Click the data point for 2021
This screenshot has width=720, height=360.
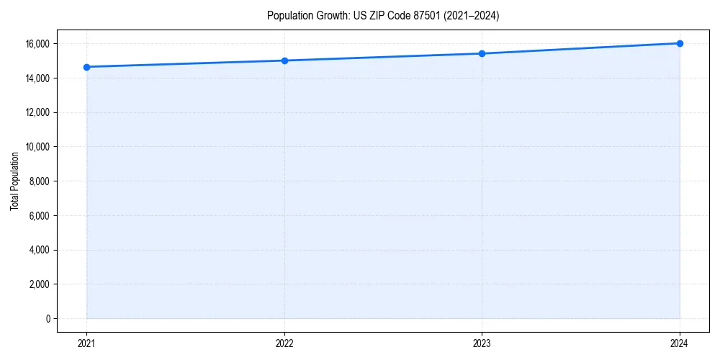pos(86,67)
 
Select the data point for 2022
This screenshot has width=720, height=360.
pos(284,60)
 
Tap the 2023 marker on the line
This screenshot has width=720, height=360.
pos(482,53)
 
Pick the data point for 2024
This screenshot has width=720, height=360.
pos(680,43)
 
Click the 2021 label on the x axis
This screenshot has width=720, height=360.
pos(86,343)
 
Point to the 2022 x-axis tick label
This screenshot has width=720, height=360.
pos(284,343)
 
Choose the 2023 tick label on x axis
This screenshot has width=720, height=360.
pos(482,343)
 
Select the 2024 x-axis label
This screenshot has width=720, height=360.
pos(680,343)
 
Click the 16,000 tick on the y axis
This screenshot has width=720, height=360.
pos(37,44)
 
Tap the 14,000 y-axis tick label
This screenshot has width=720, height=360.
pos(37,78)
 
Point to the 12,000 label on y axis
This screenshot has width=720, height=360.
pos(37,112)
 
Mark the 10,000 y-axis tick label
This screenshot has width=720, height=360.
pos(37,147)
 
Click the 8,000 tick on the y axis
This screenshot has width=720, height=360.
pos(39,181)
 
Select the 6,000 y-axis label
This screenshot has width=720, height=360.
pos(39,215)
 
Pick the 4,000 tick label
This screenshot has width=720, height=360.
pos(39,250)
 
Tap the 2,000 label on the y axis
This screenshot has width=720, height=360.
pos(39,284)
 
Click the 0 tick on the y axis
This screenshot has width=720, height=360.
pos(48,319)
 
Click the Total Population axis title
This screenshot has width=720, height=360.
pos(14,181)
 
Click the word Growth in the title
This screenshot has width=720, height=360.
pos(330,16)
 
